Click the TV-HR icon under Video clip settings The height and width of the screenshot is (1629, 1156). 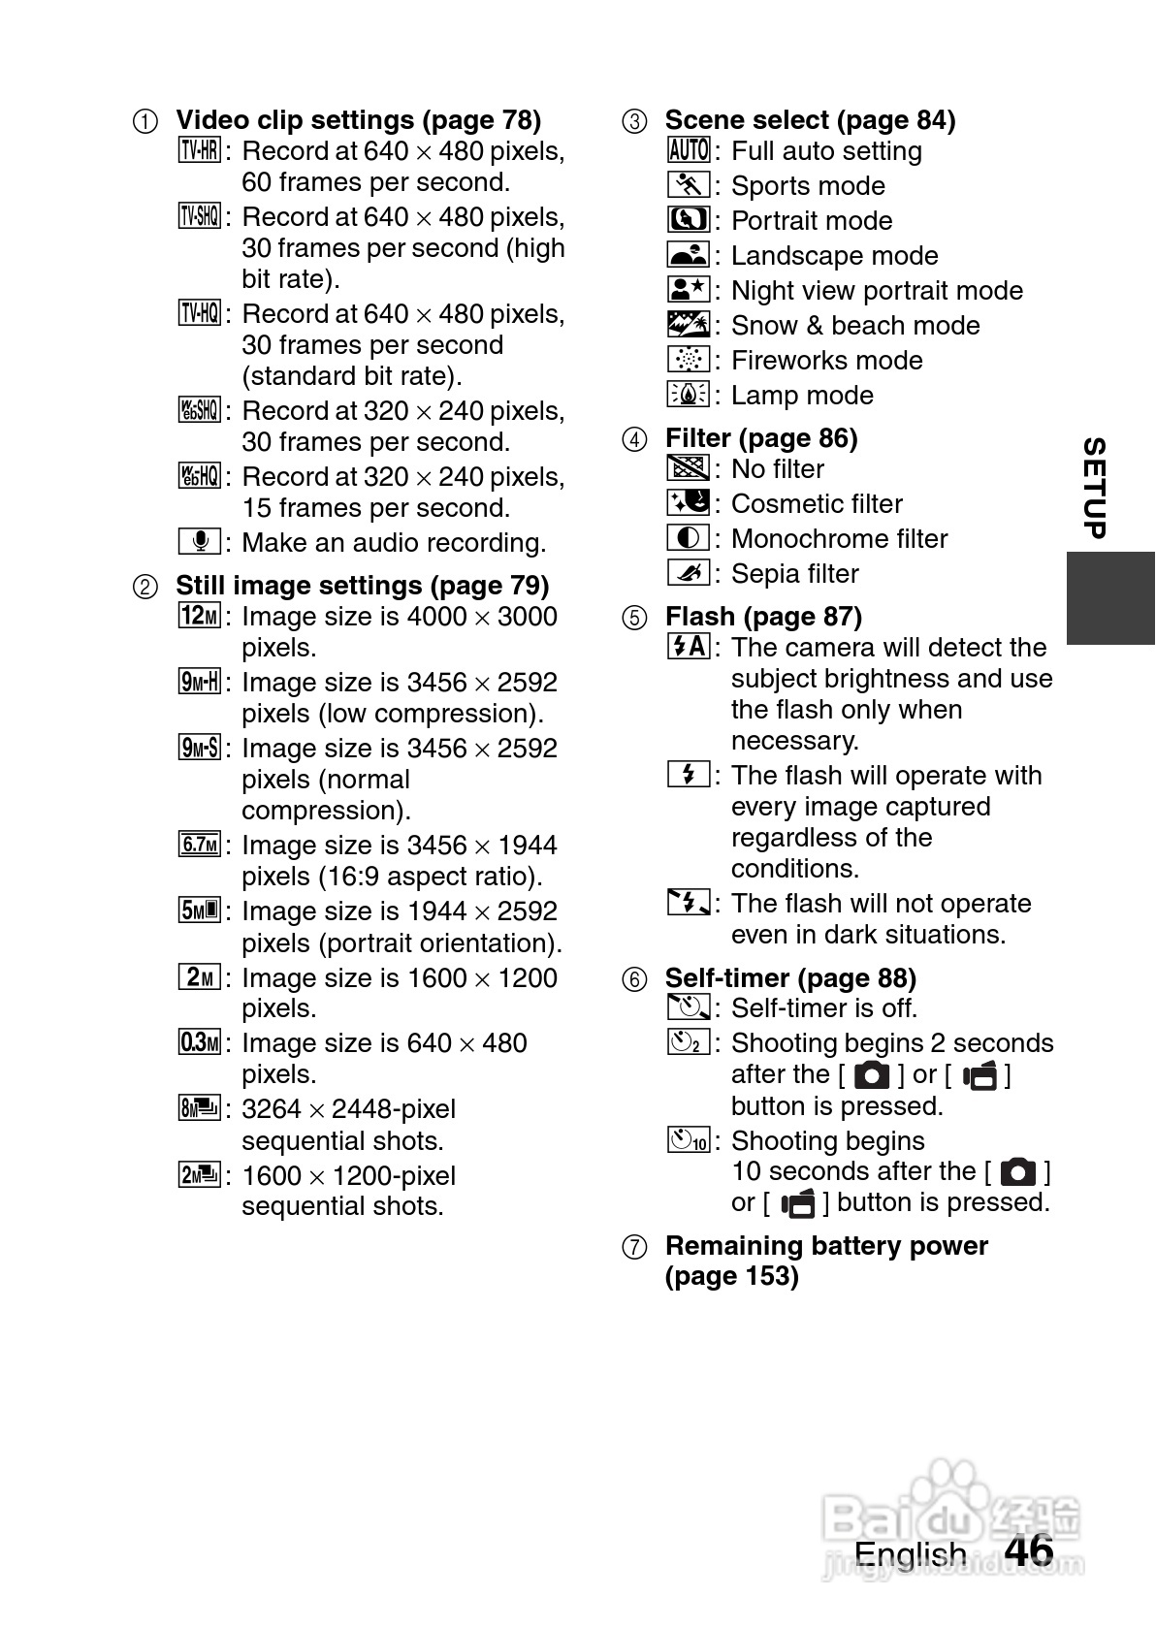[x=200, y=150]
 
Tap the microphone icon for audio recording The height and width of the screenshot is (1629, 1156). [x=200, y=541]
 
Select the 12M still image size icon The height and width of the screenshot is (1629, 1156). [x=200, y=616]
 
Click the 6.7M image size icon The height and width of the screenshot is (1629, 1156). [x=200, y=845]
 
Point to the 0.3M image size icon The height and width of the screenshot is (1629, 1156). [x=200, y=1042]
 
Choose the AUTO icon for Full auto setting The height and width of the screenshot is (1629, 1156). [x=690, y=150]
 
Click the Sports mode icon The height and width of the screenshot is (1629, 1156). [x=690, y=185]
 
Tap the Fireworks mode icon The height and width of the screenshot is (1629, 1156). [x=690, y=360]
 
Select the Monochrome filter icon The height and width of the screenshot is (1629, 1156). [x=690, y=538]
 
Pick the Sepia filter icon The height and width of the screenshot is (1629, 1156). [x=690, y=573]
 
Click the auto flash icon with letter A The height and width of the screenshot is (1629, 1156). [x=690, y=647]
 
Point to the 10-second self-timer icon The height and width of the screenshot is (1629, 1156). [x=690, y=1139]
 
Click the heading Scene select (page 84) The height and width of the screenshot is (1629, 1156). [x=810, y=120]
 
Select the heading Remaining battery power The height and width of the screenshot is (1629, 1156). [x=826, y=1246]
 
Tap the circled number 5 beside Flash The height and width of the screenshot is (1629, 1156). [x=634, y=618]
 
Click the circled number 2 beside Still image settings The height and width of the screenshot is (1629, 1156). [x=144, y=587]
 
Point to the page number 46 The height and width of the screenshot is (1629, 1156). [x=1029, y=1550]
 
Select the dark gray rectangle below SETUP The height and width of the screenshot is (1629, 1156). [x=1110, y=598]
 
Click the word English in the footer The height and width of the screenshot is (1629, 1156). [x=910, y=1554]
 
